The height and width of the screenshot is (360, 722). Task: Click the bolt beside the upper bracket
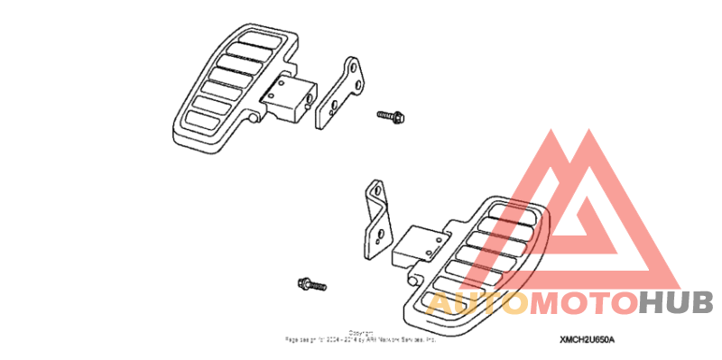[391, 115]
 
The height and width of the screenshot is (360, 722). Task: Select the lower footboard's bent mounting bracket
[377, 220]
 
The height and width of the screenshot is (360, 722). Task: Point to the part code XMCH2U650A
[587, 339]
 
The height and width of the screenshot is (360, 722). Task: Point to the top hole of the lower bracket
[372, 190]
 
